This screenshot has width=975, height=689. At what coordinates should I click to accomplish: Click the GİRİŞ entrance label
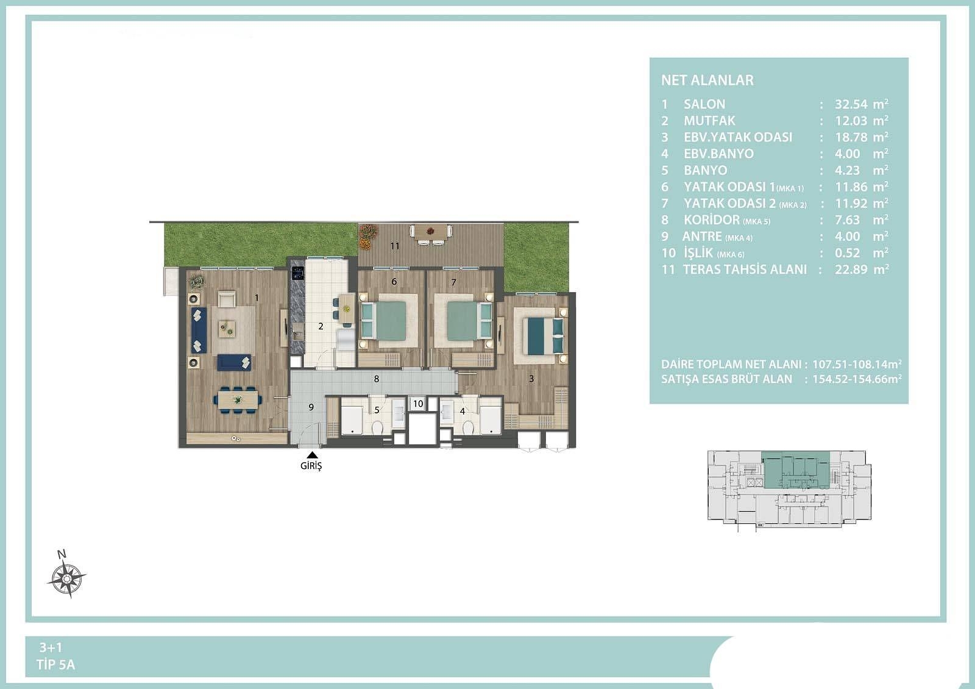[x=311, y=466]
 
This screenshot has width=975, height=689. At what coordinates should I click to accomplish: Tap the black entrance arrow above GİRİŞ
[x=312, y=455]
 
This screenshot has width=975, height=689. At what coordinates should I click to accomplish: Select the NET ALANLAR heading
[x=707, y=80]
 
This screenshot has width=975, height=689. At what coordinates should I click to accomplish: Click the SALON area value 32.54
[x=851, y=104]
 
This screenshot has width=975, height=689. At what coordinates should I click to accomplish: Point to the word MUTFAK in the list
[x=709, y=121]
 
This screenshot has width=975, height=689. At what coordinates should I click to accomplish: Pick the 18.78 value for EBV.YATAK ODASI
[x=851, y=137]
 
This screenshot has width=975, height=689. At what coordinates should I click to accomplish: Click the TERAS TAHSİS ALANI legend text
[x=745, y=270]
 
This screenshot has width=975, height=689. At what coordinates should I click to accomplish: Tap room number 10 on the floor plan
[x=418, y=404]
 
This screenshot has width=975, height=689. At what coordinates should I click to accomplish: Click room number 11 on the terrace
[x=395, y=246]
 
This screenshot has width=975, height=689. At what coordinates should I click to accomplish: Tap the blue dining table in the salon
[x=237, y=399]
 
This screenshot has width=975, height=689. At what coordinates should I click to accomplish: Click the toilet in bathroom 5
[x=377, y=427]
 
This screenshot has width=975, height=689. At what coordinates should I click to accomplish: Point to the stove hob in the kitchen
[x=298, y=273]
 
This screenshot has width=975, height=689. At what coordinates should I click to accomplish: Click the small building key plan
[x=789, y=490]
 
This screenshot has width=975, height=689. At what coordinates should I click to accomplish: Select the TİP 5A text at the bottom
[x=55, y=665]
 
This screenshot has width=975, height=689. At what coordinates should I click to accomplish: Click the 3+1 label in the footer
[x=51, y=648]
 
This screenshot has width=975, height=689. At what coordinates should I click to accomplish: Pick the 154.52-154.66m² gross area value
[x=857, y=379]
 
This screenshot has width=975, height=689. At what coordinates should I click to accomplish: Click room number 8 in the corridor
[x=377, y=379]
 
